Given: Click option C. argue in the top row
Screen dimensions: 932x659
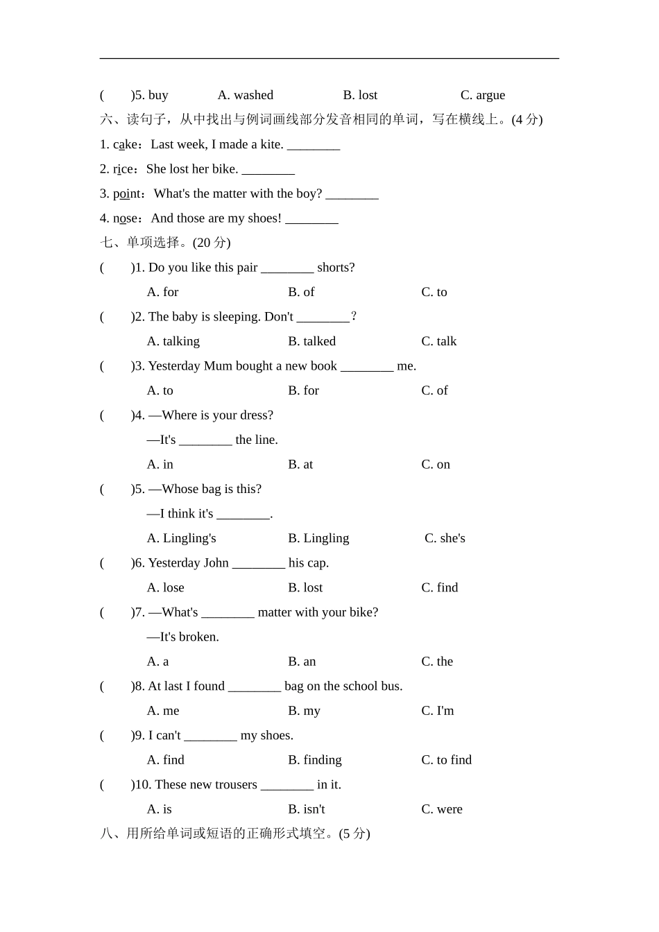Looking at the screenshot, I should pos(482,95).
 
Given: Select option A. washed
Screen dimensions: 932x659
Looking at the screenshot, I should pos(245,95).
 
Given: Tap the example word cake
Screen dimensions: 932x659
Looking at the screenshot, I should pos(126,144).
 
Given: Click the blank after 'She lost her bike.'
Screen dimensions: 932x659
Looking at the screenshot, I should pos(268,170).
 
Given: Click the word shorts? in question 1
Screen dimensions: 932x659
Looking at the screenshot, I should pos(336,268).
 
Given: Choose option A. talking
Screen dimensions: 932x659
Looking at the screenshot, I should pos(173,341).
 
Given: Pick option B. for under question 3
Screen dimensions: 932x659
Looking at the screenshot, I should pos(303,390).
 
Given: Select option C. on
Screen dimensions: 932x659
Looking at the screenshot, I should pos(436,465).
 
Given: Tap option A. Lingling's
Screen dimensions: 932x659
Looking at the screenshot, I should pos(181,538).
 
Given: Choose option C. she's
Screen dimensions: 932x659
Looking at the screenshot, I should pos(445,538).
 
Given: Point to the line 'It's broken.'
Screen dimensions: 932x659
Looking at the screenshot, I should pos(183,637).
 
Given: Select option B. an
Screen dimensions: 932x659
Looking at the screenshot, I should pos(302,662).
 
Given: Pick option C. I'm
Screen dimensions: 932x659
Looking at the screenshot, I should pos(438,711).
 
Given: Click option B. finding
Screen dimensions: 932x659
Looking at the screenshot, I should pos(314,760).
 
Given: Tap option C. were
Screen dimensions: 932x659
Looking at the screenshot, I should pos(442,809).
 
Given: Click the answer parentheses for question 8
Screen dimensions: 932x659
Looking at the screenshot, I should pos(115,687).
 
